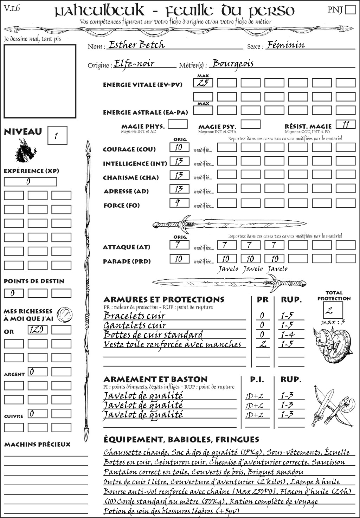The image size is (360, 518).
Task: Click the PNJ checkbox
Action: (x=351, y=9)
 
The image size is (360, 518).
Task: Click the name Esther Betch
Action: (x=136, y=45)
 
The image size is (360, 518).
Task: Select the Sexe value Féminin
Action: (x=285, y=45)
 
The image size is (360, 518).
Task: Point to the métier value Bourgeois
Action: (x=233, y=64)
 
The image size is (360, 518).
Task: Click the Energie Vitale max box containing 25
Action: (x=203, y=83)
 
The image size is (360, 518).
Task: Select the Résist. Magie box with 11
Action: (x=346, y=124)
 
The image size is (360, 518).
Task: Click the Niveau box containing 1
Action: (x=57, y=136)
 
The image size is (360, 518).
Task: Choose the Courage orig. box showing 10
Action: (x=179, y=147)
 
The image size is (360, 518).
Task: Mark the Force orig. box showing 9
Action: (x=179, y=203)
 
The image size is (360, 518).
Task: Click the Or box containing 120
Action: (x=37, y=330)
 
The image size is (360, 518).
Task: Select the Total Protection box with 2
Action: (x=333, y=310)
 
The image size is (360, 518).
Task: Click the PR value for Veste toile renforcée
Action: (x=262, y=344)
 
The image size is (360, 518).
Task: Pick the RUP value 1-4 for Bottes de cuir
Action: (x=287, y=335)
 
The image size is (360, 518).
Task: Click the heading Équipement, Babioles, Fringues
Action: (x=181, y=440)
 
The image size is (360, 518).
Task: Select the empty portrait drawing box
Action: (x=40, y=81)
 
